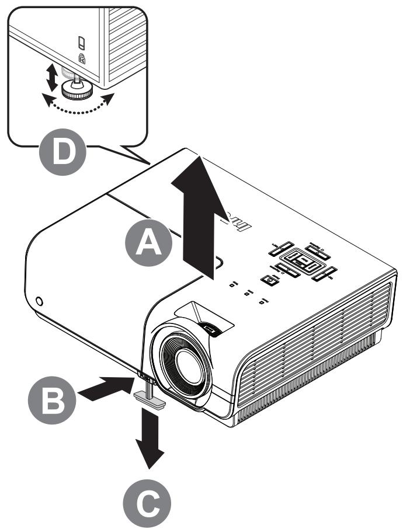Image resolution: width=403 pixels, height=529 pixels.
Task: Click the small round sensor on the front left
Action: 39,301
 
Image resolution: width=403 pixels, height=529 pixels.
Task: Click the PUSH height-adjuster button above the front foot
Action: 144,374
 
